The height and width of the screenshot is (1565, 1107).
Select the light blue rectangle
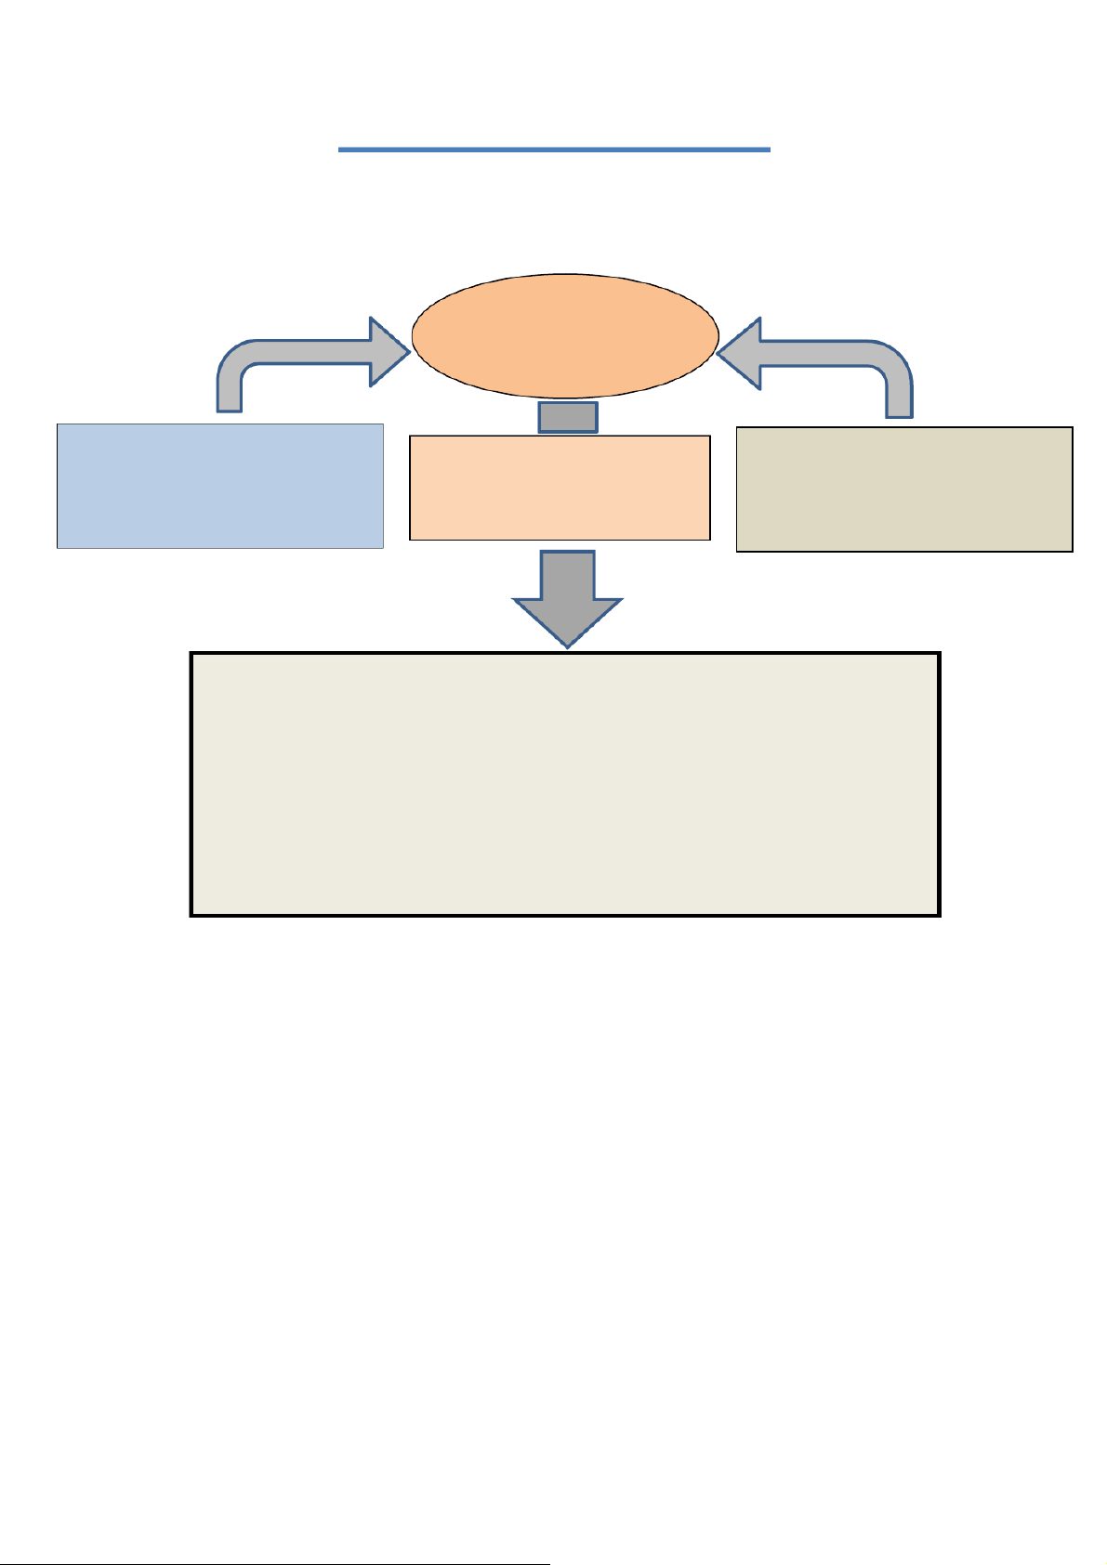point(220,486)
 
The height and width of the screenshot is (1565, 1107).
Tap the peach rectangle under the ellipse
point(560,488)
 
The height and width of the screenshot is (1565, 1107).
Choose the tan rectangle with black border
point(904,489)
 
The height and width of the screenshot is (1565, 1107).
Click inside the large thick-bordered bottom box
point(565,785)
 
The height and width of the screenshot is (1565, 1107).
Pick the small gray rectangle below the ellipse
point(568,418)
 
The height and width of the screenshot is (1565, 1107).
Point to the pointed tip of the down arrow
point(567,646)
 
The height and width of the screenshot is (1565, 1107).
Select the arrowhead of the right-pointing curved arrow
point(390,351)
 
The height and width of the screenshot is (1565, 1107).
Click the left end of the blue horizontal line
point(340,149)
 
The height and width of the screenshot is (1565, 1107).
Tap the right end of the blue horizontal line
point(769,149)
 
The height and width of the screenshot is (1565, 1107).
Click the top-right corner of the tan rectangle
point(1072,428)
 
